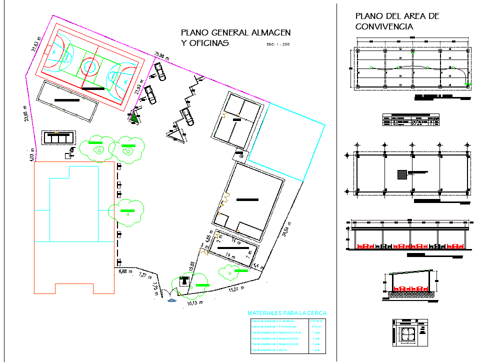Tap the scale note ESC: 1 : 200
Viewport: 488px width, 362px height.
(x=275, y=44)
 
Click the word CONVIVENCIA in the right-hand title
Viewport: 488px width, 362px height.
(x=384, y=27)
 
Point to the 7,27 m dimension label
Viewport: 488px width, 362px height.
(x=144, y=275)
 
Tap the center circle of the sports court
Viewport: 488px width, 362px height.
(x=90, y=65)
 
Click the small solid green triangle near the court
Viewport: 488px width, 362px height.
(x=134, y=118)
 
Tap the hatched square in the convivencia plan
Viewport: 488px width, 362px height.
(x=402, y=174)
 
